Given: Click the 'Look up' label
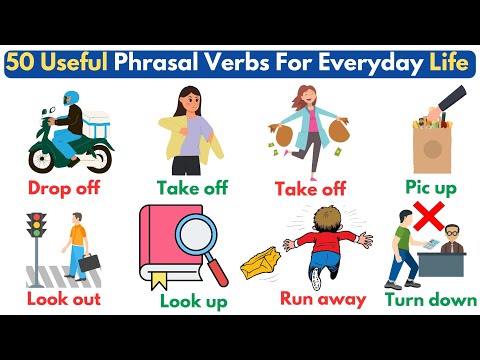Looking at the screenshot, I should (x=194, y=301).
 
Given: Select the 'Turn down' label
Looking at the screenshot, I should (x=430, y=298).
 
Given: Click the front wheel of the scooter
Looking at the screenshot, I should (x=41, y=158).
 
